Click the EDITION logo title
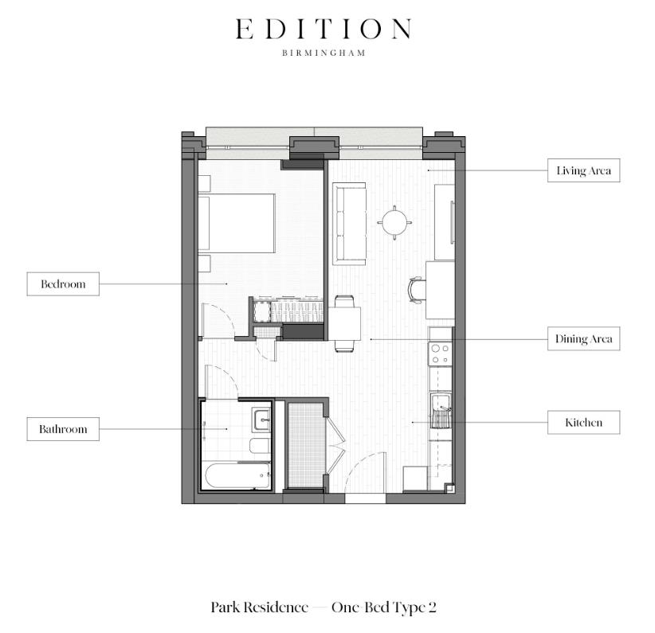324,29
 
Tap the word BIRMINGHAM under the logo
324,54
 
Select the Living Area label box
583,171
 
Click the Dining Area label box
583,339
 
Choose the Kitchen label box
583,423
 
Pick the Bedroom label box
63,284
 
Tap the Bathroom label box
63,429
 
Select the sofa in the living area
349,224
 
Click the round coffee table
396,222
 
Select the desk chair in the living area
416,290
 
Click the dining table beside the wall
344,323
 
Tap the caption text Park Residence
259,608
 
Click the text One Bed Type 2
384,608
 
